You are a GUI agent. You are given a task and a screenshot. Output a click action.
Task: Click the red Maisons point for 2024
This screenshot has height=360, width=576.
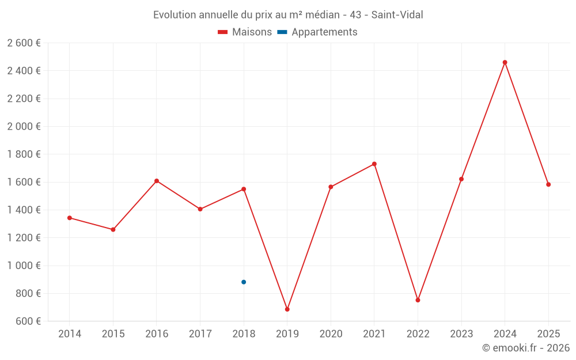click(505, 62)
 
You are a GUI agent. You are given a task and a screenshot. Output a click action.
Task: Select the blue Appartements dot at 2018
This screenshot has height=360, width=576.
click(244, 282)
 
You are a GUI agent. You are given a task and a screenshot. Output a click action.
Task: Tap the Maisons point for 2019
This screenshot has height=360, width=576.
click(287, 309)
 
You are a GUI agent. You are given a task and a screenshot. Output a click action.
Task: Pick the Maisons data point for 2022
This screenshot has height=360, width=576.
click(418, 300)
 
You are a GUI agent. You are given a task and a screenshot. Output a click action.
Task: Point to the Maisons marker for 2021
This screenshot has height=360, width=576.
click(374, 164)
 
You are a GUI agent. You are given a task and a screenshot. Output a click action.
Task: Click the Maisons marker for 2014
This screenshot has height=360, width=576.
click(70, 218)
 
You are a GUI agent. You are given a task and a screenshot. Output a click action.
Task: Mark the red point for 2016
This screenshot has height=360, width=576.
click(157, 181)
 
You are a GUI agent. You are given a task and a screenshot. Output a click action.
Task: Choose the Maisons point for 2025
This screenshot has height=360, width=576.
click(548, 184)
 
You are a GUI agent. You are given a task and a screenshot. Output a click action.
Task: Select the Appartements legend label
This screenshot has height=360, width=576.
click(324, 32)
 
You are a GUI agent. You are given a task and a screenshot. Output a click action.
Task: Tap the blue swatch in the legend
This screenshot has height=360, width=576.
click(284, 32)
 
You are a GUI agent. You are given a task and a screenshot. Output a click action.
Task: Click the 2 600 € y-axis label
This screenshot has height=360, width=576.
click(24, 43)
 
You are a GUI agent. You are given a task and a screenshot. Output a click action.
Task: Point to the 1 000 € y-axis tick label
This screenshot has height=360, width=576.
click(24, 266)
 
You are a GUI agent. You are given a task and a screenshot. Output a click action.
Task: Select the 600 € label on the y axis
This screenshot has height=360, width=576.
click(28, 321)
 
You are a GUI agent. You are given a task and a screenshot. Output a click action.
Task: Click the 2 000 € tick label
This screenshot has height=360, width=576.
click(24, 127)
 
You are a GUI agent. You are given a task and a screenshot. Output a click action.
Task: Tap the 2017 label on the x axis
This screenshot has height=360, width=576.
click(200, 334)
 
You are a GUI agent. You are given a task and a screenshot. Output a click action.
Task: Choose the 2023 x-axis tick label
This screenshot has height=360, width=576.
click(461, 334)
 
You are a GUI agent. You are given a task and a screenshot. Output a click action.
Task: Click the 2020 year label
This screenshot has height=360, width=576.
click(331, 334)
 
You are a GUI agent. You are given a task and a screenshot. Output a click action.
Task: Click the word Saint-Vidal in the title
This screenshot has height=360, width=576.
click(397, 15)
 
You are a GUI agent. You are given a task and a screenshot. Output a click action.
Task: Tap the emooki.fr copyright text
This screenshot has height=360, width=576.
click(526, 348)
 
